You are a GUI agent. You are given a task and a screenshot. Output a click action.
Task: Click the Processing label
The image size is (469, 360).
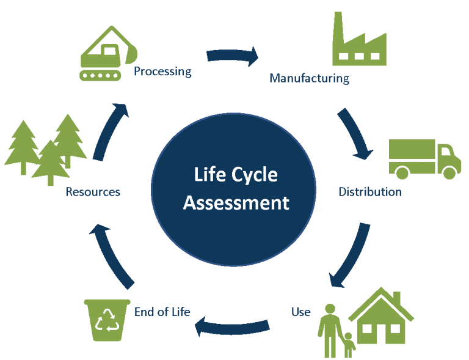[162, 72]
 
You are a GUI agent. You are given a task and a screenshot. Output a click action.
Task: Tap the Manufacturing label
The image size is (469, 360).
[309, 78]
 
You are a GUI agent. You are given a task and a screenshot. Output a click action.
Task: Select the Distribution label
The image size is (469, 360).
[370, 192]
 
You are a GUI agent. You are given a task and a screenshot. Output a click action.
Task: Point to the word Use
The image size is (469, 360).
[300, 312]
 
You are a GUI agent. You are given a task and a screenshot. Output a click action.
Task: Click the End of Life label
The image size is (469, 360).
[162, 312]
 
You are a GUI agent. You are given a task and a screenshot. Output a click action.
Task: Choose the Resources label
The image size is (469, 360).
[93, 192]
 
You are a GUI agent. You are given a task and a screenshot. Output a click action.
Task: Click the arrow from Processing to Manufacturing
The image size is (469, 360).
[233, 56]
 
